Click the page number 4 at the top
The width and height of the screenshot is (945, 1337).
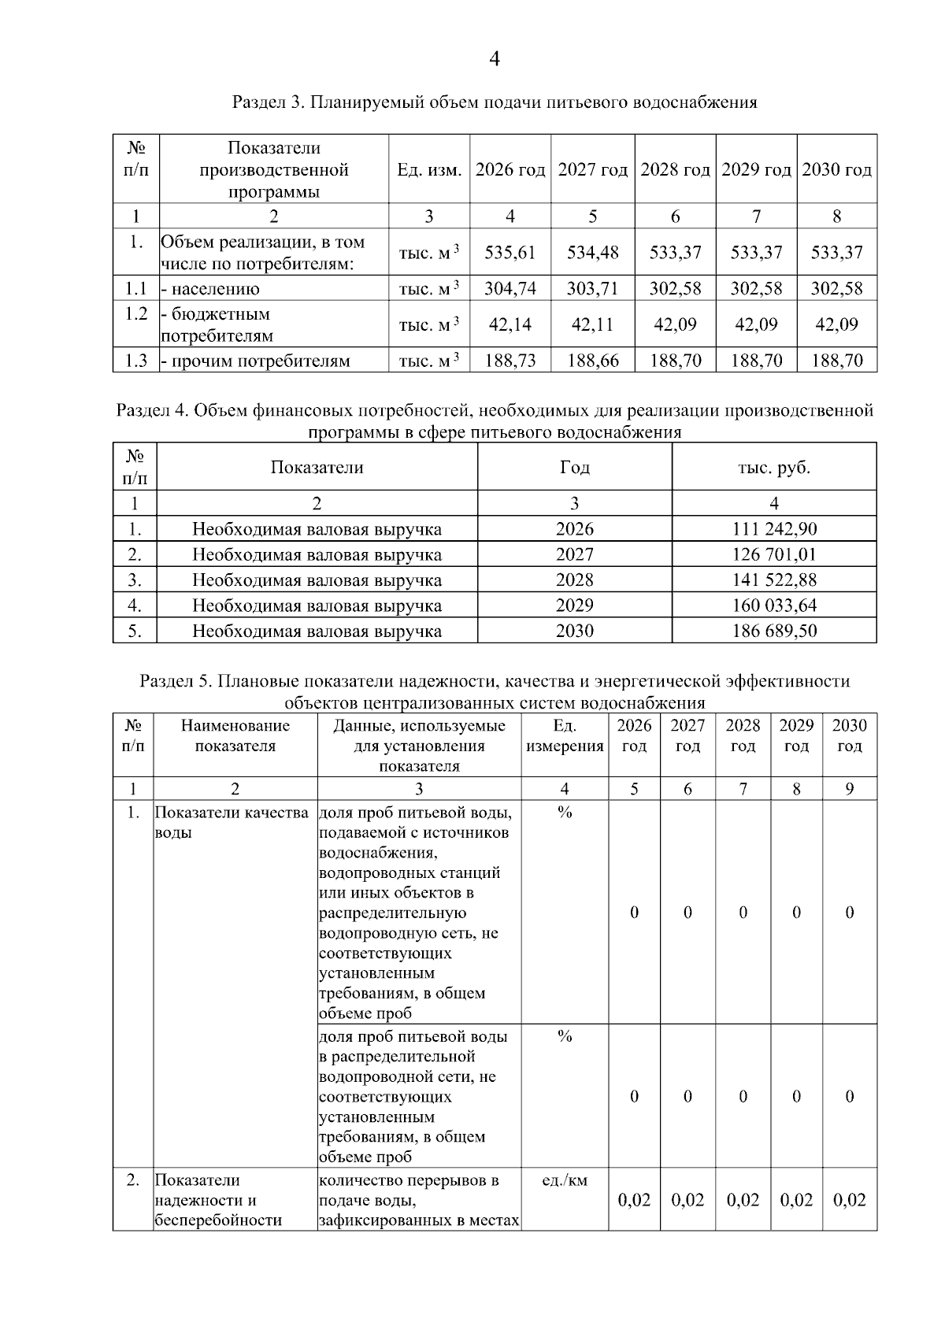495,59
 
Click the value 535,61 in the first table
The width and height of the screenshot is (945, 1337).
510,253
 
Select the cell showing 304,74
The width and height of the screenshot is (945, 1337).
510,288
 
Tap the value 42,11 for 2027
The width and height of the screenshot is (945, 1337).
592,324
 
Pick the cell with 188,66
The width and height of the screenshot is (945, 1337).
592,361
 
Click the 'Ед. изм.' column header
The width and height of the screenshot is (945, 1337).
429,170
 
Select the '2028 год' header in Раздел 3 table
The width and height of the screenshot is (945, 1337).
675,170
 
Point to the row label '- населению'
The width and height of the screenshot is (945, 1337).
210,289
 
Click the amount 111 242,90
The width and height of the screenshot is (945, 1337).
774,529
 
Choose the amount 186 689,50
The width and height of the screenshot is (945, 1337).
774,631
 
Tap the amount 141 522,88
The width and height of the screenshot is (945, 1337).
774,580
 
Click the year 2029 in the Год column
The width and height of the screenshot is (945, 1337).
574,606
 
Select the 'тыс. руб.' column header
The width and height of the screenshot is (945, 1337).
774,468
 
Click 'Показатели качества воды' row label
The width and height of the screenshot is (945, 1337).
232,822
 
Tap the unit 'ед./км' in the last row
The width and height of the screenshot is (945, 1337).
565,1180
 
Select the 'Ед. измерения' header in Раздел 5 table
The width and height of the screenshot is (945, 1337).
564,735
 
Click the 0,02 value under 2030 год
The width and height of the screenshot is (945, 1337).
849,1200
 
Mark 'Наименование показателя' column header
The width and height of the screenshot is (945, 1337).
235,735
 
